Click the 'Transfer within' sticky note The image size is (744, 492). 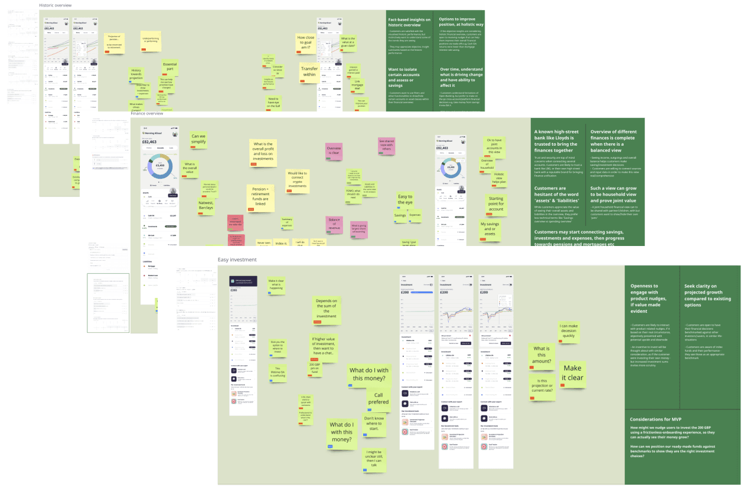point(309,71)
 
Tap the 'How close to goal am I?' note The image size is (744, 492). point(306,42)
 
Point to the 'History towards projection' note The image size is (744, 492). point(136,74)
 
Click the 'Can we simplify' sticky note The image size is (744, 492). point(198,140)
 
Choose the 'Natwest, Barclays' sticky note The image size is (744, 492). point(206,205)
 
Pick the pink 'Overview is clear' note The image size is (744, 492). point(334,151)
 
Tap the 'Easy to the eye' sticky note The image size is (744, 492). point(405,200)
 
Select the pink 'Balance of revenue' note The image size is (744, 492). point(334,224)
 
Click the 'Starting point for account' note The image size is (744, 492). point(496,204)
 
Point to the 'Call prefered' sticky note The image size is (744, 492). point(378,399)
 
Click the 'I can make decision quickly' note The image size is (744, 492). point(569,331)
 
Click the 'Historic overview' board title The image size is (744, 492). point(56,5)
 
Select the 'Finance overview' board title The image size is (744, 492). point(147,113)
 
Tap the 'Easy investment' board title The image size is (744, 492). point(237,260)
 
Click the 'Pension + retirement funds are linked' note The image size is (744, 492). point(261,197)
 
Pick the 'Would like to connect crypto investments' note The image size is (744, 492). point(298,180)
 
